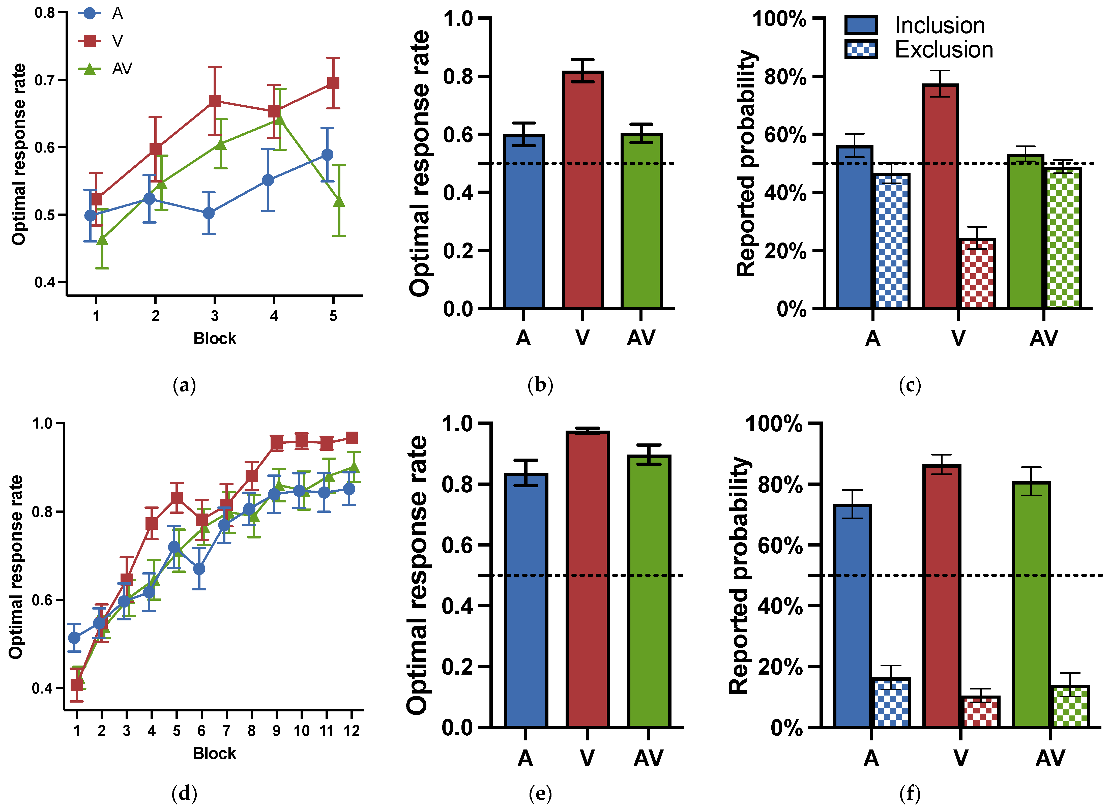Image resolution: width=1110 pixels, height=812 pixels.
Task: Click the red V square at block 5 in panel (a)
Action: pos(333,83)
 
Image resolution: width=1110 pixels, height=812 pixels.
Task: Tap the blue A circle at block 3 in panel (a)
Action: pos(209,213)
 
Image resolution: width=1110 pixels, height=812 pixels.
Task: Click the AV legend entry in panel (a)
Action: pos(122,69)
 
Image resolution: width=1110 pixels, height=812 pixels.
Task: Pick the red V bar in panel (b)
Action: pos(582,192)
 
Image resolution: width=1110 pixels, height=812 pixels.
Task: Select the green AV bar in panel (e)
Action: pos(649,590)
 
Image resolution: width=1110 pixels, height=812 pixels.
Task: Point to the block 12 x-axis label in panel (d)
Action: pos(352,731)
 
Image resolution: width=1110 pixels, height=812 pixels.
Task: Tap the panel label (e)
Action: pos(540,793)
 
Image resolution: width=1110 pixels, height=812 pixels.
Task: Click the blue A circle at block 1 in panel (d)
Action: pos(74,638)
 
